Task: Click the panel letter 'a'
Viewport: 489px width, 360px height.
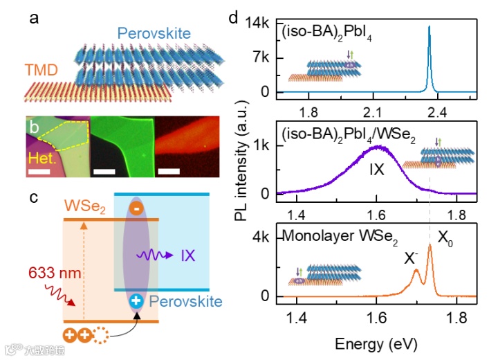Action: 33,18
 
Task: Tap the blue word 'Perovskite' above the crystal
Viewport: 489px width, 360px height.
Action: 153,33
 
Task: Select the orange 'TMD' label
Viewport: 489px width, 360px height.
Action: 41,71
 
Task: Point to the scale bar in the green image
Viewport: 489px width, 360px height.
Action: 104,170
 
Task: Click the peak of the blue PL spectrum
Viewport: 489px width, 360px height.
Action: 429,28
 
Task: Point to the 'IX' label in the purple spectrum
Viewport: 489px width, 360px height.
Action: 376,168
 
